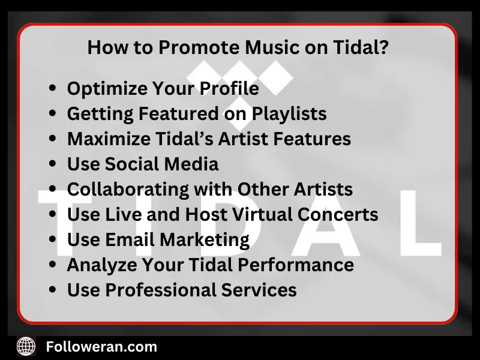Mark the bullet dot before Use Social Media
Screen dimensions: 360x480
click(x=53, y=164)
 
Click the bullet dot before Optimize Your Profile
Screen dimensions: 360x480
click(x=53, y=89)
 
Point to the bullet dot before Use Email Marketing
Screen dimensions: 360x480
click(x=53, y=240)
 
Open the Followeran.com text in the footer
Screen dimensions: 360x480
click(x=101, y=346)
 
